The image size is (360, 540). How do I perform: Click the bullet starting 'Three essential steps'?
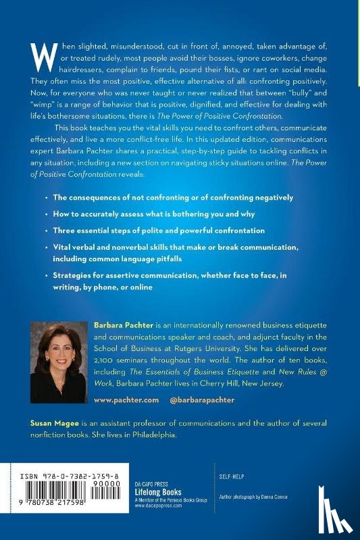pyautogui.click(x=159, y=230)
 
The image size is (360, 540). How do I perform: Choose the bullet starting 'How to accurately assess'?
pyautogui.click(x=158, y=213)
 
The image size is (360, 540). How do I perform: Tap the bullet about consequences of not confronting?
pyautogui.click(x=173, y=197)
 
